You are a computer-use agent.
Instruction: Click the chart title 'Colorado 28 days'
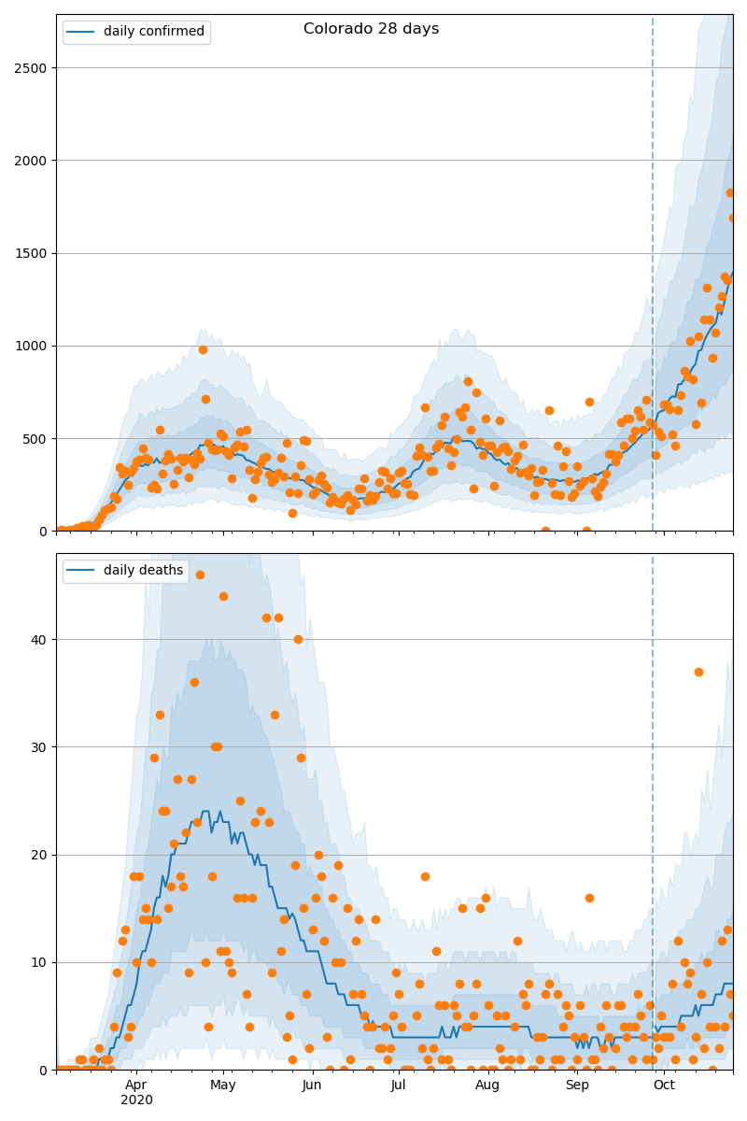tap(371, 29)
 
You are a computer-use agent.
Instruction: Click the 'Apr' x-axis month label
tap(136, 1086)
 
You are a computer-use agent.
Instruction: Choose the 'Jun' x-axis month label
tap(312, 1086)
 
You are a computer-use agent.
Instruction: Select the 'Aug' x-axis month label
tap(487, 1086)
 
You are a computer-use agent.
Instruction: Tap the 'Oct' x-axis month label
tap(664, 1086)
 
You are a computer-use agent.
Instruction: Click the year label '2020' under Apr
tap(136, 1100)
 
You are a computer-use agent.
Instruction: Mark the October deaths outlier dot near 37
tap(698, 672)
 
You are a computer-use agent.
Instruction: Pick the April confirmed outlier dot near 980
tap(203, 349)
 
